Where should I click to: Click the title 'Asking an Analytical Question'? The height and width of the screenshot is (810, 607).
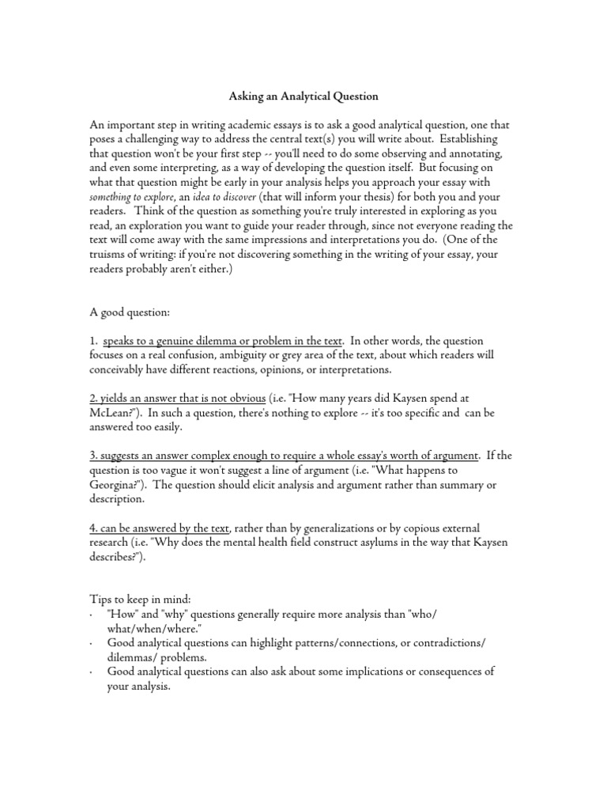click(x=303, y=97)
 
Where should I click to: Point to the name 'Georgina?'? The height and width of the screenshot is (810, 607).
click(x=118, y=485)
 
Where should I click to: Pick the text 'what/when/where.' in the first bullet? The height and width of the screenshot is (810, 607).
click(x=153, y=628)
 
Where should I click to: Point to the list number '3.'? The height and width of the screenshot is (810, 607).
click(x=93, y=455)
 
